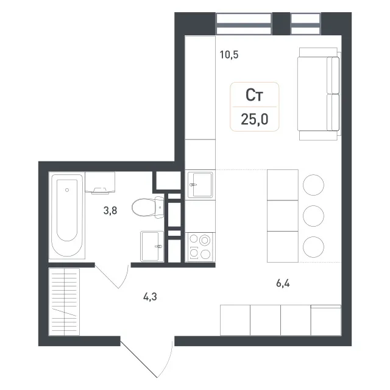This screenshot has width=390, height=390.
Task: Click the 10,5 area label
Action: point(229,55)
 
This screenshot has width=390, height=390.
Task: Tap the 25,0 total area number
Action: point(255,119)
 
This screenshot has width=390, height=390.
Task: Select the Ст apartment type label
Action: point(254,95)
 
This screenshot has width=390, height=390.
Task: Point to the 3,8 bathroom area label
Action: point(110,211)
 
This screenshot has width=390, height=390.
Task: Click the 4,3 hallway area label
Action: point(150,297)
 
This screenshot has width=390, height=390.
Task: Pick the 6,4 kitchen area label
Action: point(283,283)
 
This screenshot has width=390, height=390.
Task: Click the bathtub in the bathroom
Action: point(67,215)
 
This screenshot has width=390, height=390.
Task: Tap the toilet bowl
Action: point(147,207)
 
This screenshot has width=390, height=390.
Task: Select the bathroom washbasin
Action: point(152,246)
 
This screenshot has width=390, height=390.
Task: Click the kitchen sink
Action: point(200,185)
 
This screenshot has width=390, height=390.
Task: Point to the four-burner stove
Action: point(200,247)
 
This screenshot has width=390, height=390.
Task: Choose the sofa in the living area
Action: point(319,94)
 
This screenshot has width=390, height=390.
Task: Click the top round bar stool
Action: point(313,185)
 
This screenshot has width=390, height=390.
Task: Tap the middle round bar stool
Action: point(313,216)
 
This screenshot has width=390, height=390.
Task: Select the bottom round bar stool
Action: point(313,247)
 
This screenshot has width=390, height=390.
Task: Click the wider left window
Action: point(244,24)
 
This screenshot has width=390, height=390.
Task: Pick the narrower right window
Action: point(305,24)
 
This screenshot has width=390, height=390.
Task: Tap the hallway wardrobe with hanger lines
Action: point(64,302)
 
